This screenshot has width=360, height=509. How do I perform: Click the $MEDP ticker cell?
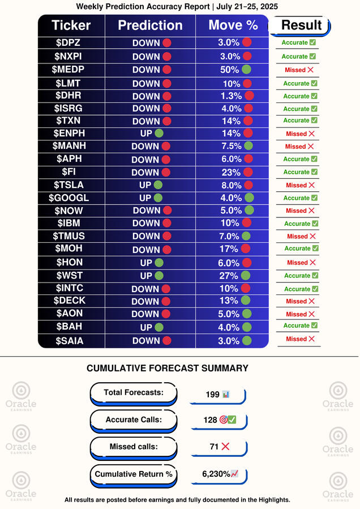click(x=71, y=69)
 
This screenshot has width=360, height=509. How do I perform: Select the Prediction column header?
click(x=150, y=25)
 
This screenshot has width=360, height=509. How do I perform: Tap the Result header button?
click(x=301, y=25)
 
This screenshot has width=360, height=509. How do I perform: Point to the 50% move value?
click(x=229, y=70)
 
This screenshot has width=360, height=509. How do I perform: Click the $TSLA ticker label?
click(x=71, y=185)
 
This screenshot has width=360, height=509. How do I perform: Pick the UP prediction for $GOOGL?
click(x=145, y=198)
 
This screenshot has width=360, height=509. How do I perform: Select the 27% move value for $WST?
click(x=229, y=276)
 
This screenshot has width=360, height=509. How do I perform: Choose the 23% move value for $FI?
click(x=229, y=172)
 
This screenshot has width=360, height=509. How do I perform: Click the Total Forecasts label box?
click(x=134, y=392)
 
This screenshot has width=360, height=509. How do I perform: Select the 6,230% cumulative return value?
click(x=217, y=474)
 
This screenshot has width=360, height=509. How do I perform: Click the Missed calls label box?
click(x=134, y=446)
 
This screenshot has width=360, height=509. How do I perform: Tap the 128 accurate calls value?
click(x=211, y=420)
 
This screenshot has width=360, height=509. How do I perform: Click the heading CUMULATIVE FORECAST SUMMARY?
click(x=168, y=369)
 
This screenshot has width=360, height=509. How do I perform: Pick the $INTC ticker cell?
click(x=71, y=288)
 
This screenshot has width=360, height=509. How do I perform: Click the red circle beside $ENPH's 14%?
click(x=247, y=134)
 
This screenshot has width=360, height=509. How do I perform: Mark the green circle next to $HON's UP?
click(x=159, y=263)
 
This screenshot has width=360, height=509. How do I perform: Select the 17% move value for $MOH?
click(x=229, y=249)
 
